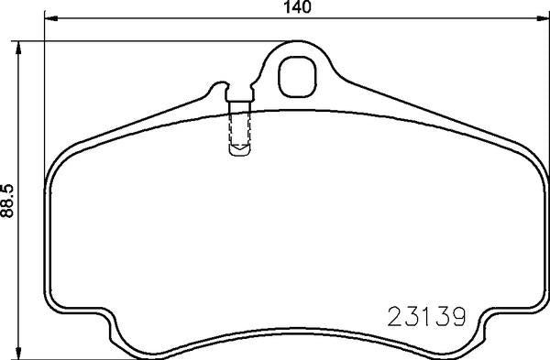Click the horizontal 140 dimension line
[183, 18]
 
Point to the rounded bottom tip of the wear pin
[242, 147]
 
